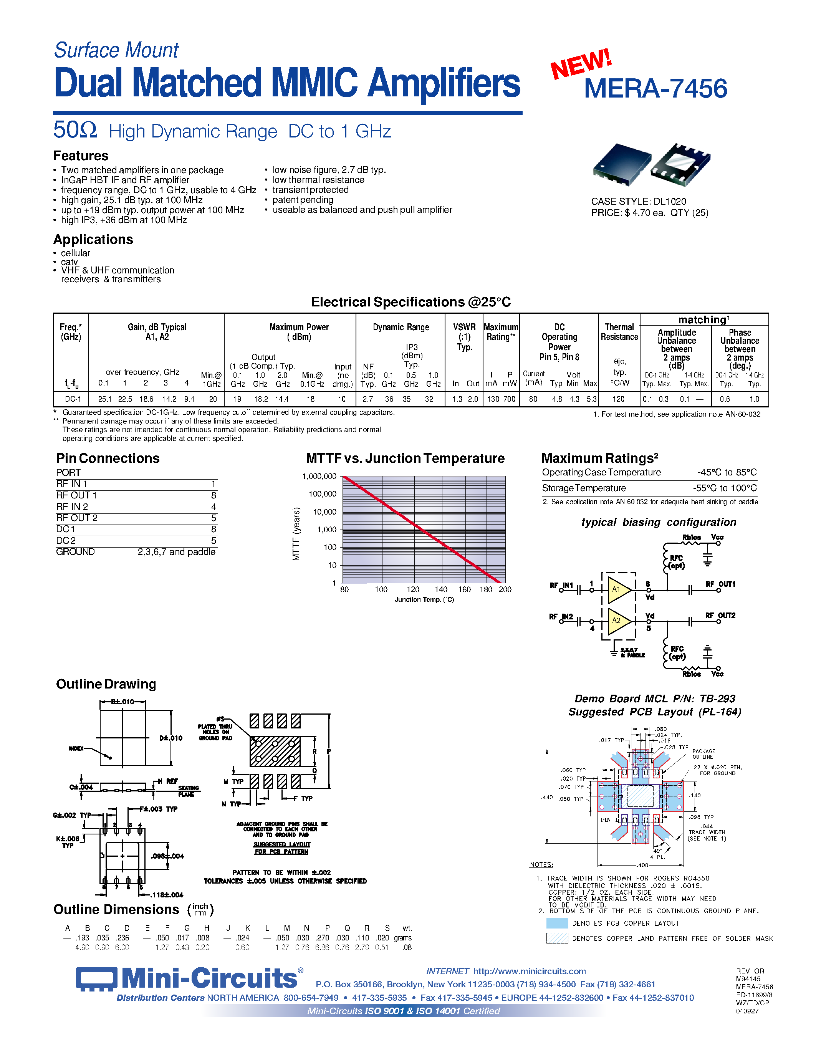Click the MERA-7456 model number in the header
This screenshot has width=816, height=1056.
[655, 89]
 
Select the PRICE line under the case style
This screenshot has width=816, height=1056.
[649, 213]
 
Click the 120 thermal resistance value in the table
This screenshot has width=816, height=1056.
[618, 399]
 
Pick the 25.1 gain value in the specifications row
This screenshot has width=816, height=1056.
[104, 399]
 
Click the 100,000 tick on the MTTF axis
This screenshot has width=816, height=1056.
[323, 494]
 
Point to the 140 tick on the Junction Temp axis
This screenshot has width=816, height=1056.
[440, 589]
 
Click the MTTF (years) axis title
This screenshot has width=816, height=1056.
[296, 534]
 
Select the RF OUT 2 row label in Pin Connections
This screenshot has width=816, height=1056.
[77, 518]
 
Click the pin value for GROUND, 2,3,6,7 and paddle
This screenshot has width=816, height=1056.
[176, 552]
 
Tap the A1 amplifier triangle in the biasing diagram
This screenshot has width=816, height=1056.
[618, 589]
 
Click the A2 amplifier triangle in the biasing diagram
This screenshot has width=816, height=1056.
[618, 620]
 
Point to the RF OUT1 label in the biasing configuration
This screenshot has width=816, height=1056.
[720, 584]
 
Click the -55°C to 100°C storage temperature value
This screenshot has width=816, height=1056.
[725, 488]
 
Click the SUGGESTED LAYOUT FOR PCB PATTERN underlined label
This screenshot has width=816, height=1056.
[282, 847]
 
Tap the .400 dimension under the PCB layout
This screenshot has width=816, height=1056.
[642, 865]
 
